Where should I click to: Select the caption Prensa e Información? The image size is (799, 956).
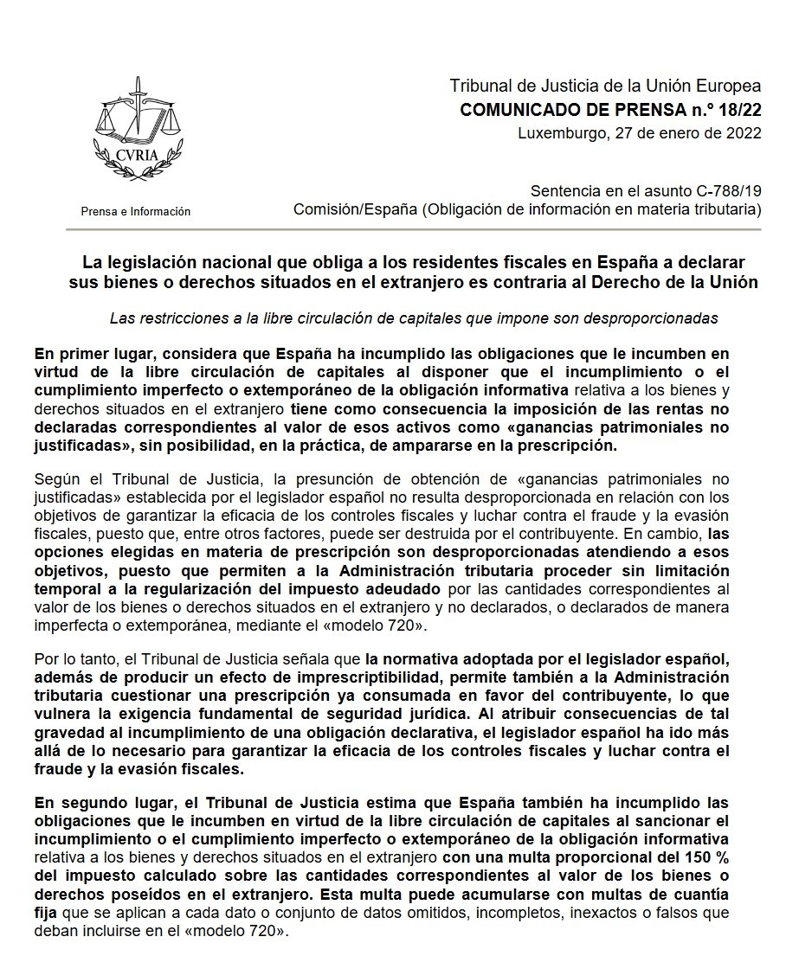coord(135,212)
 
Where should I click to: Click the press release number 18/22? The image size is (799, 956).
coord(738,110)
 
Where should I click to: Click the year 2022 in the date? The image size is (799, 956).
coord(744,132)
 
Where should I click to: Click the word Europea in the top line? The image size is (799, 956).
coord(732,87)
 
